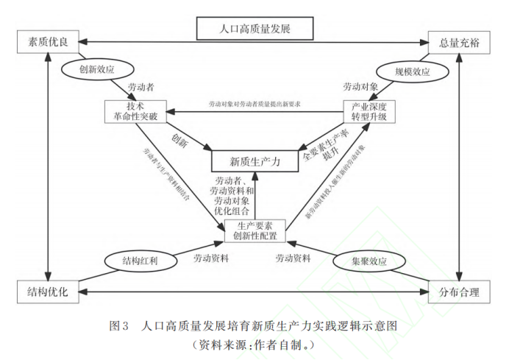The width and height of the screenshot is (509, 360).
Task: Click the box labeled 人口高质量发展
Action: tap(255, 29)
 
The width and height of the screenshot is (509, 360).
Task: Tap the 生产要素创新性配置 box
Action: tap(254, 230)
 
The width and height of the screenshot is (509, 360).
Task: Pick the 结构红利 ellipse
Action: tap(140, 261)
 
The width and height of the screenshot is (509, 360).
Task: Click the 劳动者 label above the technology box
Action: tap(141, 88)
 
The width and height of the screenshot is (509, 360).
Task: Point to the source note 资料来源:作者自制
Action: tap(254, 344)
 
